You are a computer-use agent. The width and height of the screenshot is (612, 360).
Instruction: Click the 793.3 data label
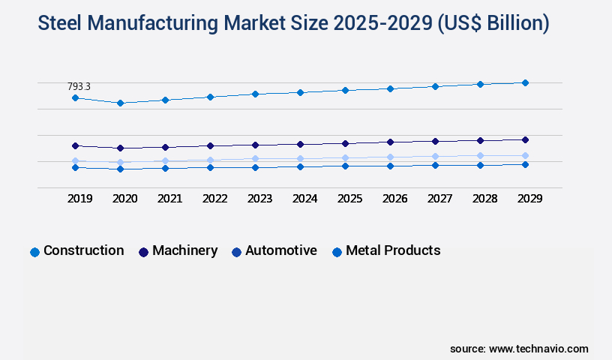pos(79,87)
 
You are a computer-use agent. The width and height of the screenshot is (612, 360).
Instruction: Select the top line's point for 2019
pos(75,98)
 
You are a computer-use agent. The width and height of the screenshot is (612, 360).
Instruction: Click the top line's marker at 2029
pos(525,82)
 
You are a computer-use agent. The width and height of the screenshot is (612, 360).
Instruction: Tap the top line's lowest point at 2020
pos(120,103)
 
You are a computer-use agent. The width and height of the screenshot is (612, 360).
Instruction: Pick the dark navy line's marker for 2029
pos(525,139)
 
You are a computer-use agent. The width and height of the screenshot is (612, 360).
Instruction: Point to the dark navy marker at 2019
pos(75,145)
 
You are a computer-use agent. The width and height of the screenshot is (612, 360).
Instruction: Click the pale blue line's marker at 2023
pos(255,158)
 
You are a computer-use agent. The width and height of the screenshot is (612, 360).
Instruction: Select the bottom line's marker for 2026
pos(390,166)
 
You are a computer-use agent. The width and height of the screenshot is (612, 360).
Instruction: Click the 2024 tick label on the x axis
pos(304,199)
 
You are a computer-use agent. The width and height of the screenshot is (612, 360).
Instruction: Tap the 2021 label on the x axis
pos(169,199)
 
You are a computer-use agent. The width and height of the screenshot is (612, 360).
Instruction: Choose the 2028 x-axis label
pos(484,199)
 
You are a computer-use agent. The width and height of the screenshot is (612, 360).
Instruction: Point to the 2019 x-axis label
pos(79,199)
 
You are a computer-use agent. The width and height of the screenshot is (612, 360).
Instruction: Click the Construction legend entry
pos(83,251)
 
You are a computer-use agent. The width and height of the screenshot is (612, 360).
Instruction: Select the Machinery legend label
pos(184,251)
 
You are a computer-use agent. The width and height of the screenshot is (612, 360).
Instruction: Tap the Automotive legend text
pos(280,251)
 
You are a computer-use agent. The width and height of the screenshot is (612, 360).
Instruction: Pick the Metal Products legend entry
pos(392,251)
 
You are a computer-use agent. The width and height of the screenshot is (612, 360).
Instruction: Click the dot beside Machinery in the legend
pos(143,252)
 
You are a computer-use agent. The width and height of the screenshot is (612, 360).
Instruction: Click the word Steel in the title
pos(62,24)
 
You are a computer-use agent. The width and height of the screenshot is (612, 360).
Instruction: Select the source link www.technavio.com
pos(538,349)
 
